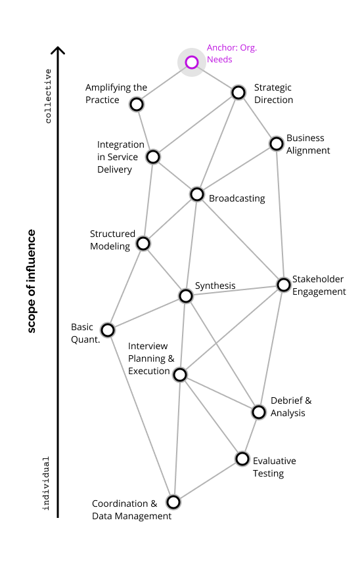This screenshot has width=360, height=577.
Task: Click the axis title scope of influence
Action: pos(32,281)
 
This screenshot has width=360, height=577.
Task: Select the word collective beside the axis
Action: pos(48,96)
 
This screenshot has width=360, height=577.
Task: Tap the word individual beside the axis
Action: pos(46,484)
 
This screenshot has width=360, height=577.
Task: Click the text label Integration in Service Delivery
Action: pos(121,157)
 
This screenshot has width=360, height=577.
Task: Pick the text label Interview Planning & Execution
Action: pos(151,358)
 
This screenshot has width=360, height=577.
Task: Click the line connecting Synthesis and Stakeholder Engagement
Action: pos(235,290)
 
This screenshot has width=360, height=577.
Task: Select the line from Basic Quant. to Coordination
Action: pos(141,416)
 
